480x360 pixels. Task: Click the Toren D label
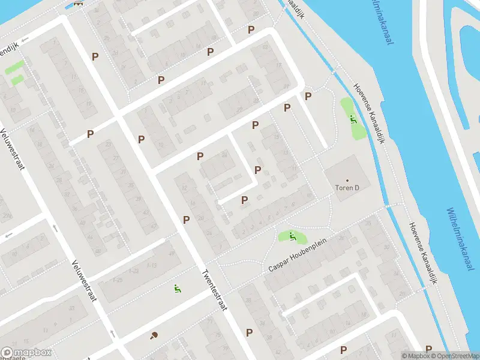tap(348, 187)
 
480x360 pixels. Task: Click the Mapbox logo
tap(26, 353)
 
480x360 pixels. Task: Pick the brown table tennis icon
tap(154, 335)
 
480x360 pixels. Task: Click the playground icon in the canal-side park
tap(352, 118)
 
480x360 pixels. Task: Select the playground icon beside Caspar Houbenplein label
tap(292, 237)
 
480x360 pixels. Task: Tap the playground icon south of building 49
tap(176, 289)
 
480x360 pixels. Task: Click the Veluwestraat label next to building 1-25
tap(83, 280)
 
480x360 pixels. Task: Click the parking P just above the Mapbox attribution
tap(429, 349)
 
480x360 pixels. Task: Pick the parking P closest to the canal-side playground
tap(308, 96)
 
